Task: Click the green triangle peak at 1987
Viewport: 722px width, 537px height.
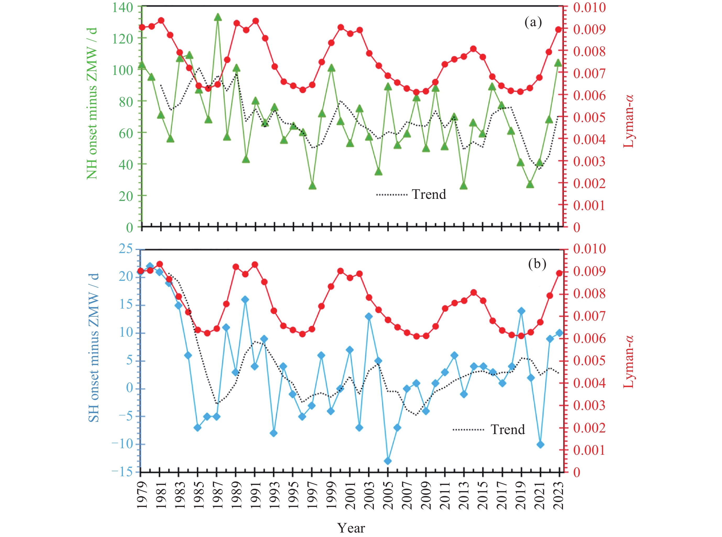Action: click(x=218, y=17)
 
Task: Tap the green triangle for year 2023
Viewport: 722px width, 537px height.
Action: click(x=558, y=63)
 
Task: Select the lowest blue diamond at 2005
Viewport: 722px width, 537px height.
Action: click(x=387, y=461)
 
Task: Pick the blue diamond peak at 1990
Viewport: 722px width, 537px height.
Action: click(x=245, y=299)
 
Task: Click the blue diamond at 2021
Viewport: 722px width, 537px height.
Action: click(x=540, y=444)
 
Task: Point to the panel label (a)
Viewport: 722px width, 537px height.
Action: click(x=533, y=23)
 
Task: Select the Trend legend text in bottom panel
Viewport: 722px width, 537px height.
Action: click(x=507, y=429)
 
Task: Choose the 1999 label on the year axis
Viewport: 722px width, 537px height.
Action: click(x=331, y=495)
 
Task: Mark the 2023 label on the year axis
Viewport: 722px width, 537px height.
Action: click(x=560, y=495)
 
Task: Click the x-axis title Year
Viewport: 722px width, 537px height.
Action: click(x=351, y=528)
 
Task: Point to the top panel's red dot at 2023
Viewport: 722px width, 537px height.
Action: click(x=558, y=30)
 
